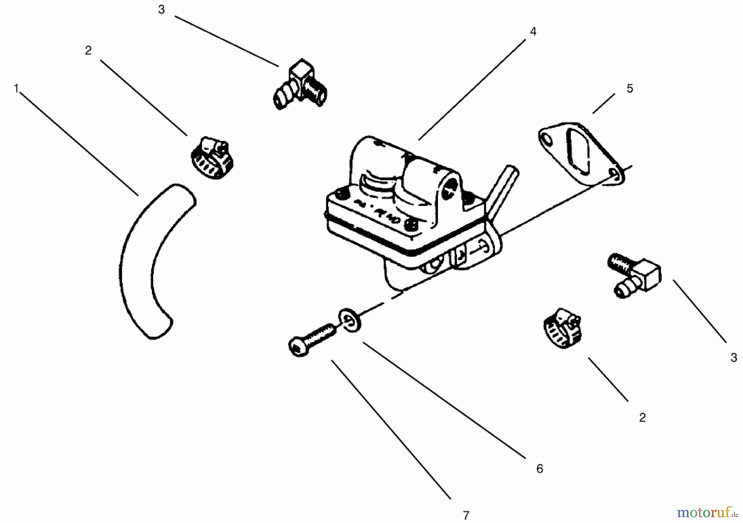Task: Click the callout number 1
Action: click(x=16, y=88)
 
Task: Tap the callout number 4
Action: click(x=533, y=32)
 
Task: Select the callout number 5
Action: click(x=629, y=88)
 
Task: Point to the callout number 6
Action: click(x=540, y=469)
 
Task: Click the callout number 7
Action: click(x=466, y=515)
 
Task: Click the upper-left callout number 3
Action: click(x=161, y=10)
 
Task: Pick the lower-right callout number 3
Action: click(x=734, y=357)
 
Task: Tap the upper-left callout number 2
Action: click(x=88, y=51)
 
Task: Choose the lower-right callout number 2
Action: click(x=642, y=418)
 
